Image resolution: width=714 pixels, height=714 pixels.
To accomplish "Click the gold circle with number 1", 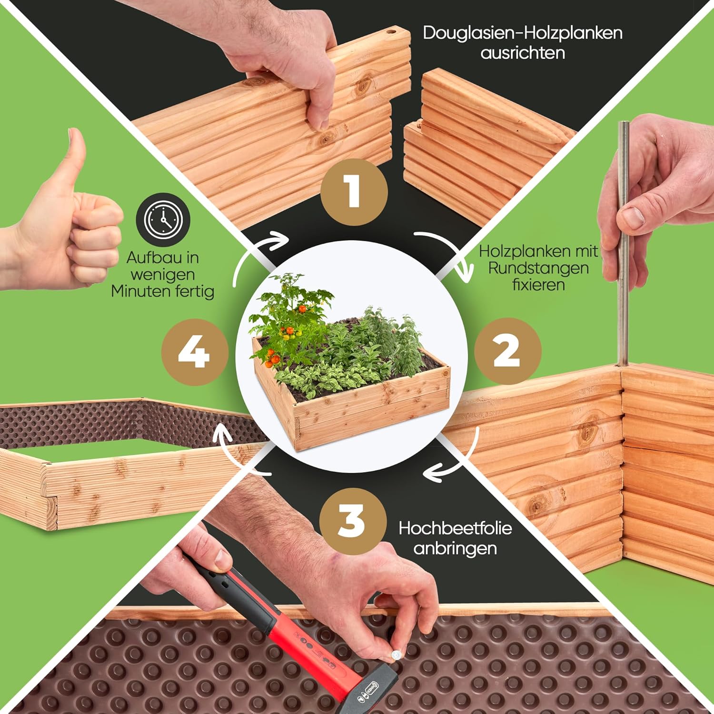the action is [x=354, y=192].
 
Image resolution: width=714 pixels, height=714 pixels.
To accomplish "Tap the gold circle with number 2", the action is [x=507, y=351].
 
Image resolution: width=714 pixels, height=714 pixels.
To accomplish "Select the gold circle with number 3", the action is [x=353, y=521].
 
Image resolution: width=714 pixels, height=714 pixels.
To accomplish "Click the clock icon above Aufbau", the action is [x=163, y=220].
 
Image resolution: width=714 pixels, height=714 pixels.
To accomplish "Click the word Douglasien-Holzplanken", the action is [x=523, y=33].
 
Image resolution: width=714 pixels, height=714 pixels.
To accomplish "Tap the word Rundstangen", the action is [x=538, y=268].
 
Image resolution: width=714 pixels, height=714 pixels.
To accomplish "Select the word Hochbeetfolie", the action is [x=455, y=528].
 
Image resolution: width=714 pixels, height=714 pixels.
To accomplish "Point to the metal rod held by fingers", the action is [x=623, y=243].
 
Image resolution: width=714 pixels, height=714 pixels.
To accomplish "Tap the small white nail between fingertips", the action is [x=395, y=654].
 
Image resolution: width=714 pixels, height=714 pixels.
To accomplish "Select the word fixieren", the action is [x=538, y=285].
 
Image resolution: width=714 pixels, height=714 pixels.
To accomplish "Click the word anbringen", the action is [x=455, y=548].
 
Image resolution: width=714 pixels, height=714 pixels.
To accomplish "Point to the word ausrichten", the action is [x=523, y=52].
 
